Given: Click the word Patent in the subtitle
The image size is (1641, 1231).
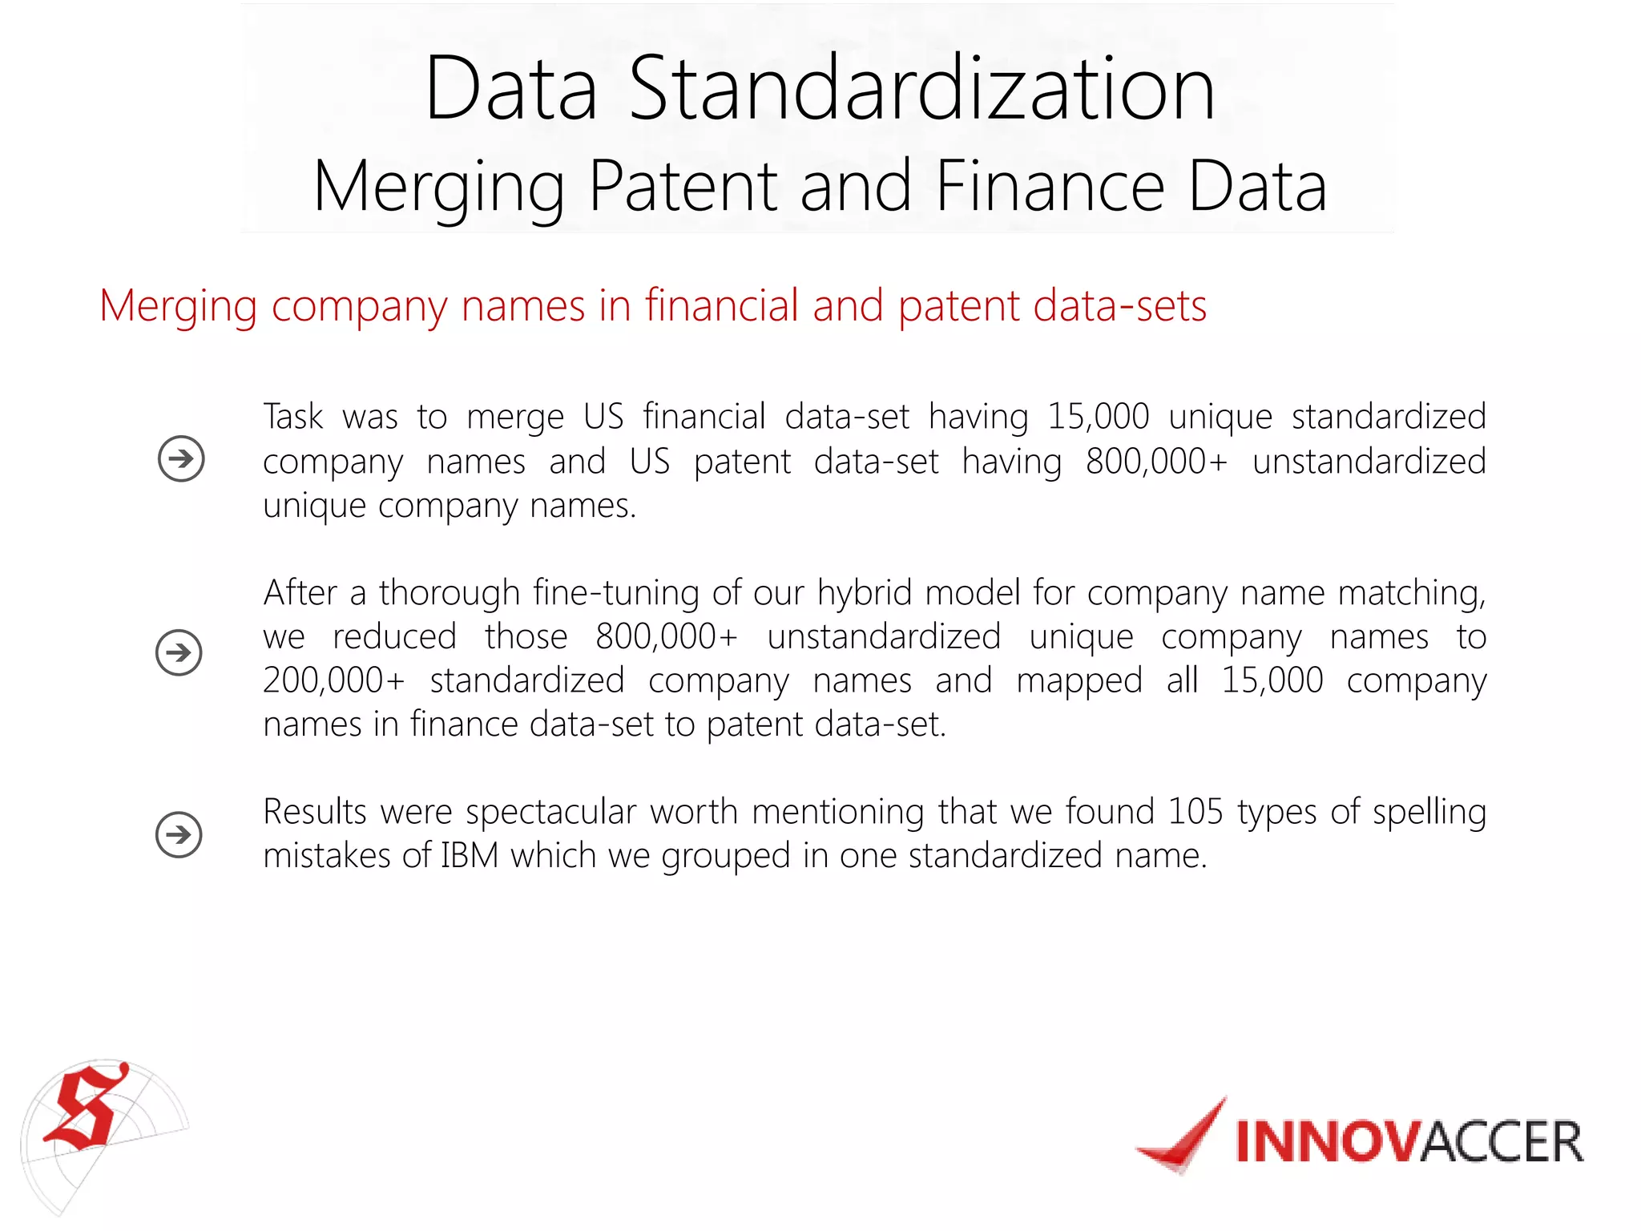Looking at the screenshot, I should click(x=683, y=186).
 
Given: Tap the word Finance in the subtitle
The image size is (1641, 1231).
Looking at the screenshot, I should click(x=1050, y=186).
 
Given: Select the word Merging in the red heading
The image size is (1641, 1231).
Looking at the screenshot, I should click(x=178, y=307).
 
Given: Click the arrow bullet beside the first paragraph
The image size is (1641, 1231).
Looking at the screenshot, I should click(x=181, y=458).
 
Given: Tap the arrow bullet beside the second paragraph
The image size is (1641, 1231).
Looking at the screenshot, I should click(x=179, y=652).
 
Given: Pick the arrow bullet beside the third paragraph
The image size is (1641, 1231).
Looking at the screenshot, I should click(x=179, y=834).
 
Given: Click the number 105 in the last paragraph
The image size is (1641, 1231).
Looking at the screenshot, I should click(x=1195, y=812).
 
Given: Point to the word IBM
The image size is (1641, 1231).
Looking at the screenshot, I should click(x=470, y=856).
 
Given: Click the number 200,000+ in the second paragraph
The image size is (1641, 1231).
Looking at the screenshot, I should click(x=334, y=681).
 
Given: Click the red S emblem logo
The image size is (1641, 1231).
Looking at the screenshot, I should click(x=87, y=1108).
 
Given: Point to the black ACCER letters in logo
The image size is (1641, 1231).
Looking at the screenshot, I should click(x=1502, y=1142).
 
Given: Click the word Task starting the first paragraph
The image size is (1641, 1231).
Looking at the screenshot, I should click(x=293, y=417).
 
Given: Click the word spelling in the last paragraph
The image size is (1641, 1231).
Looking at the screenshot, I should click(x=1429, y=813).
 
